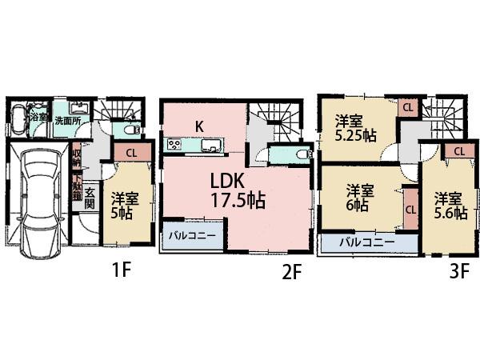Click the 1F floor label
click(x=121, y=270)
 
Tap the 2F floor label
click(x=291, y=272)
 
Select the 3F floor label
click(x=458, y=271)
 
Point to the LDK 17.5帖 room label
click(x=238, y=190)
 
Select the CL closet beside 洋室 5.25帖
click(x=407, y=107)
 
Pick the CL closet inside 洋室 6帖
click(x=410, y=210)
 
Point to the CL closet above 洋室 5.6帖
click(x=459, y=150)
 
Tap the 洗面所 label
click(x=68, y=121)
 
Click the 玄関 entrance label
click(x=90, y=198)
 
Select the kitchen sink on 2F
click(x=211, y=146)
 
